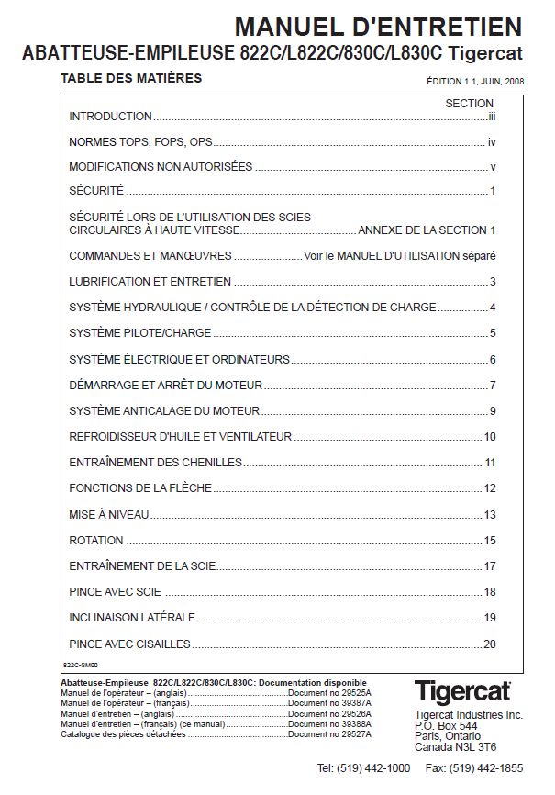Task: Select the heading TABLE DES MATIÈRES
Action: pos(130,79)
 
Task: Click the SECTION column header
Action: pos(470,104)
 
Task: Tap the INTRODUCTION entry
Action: pos(111,117)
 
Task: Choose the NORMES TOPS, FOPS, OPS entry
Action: pos(141,142)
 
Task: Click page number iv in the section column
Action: pos(492,142)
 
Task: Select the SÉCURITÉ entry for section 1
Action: pos(96,191)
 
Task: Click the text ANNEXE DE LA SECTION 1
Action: pos(427,230)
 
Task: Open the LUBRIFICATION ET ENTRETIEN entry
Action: pos(150,282)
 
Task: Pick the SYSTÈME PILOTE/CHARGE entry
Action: pos(140,333)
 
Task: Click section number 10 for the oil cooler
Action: pos(490,437)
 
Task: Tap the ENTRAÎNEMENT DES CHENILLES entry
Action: pos(156,463)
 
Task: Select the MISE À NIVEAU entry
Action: pos(109,515)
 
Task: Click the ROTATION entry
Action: pos(96,541)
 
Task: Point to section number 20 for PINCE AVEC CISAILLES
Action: pos(490,644)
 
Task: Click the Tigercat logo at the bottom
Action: pos(461,691)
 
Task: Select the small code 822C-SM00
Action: pos(80,664)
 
